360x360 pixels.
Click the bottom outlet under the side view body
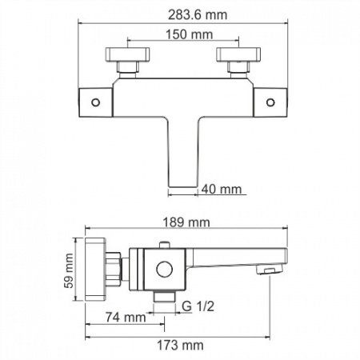point(165,296)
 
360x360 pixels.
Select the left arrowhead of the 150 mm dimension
point(125,44)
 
